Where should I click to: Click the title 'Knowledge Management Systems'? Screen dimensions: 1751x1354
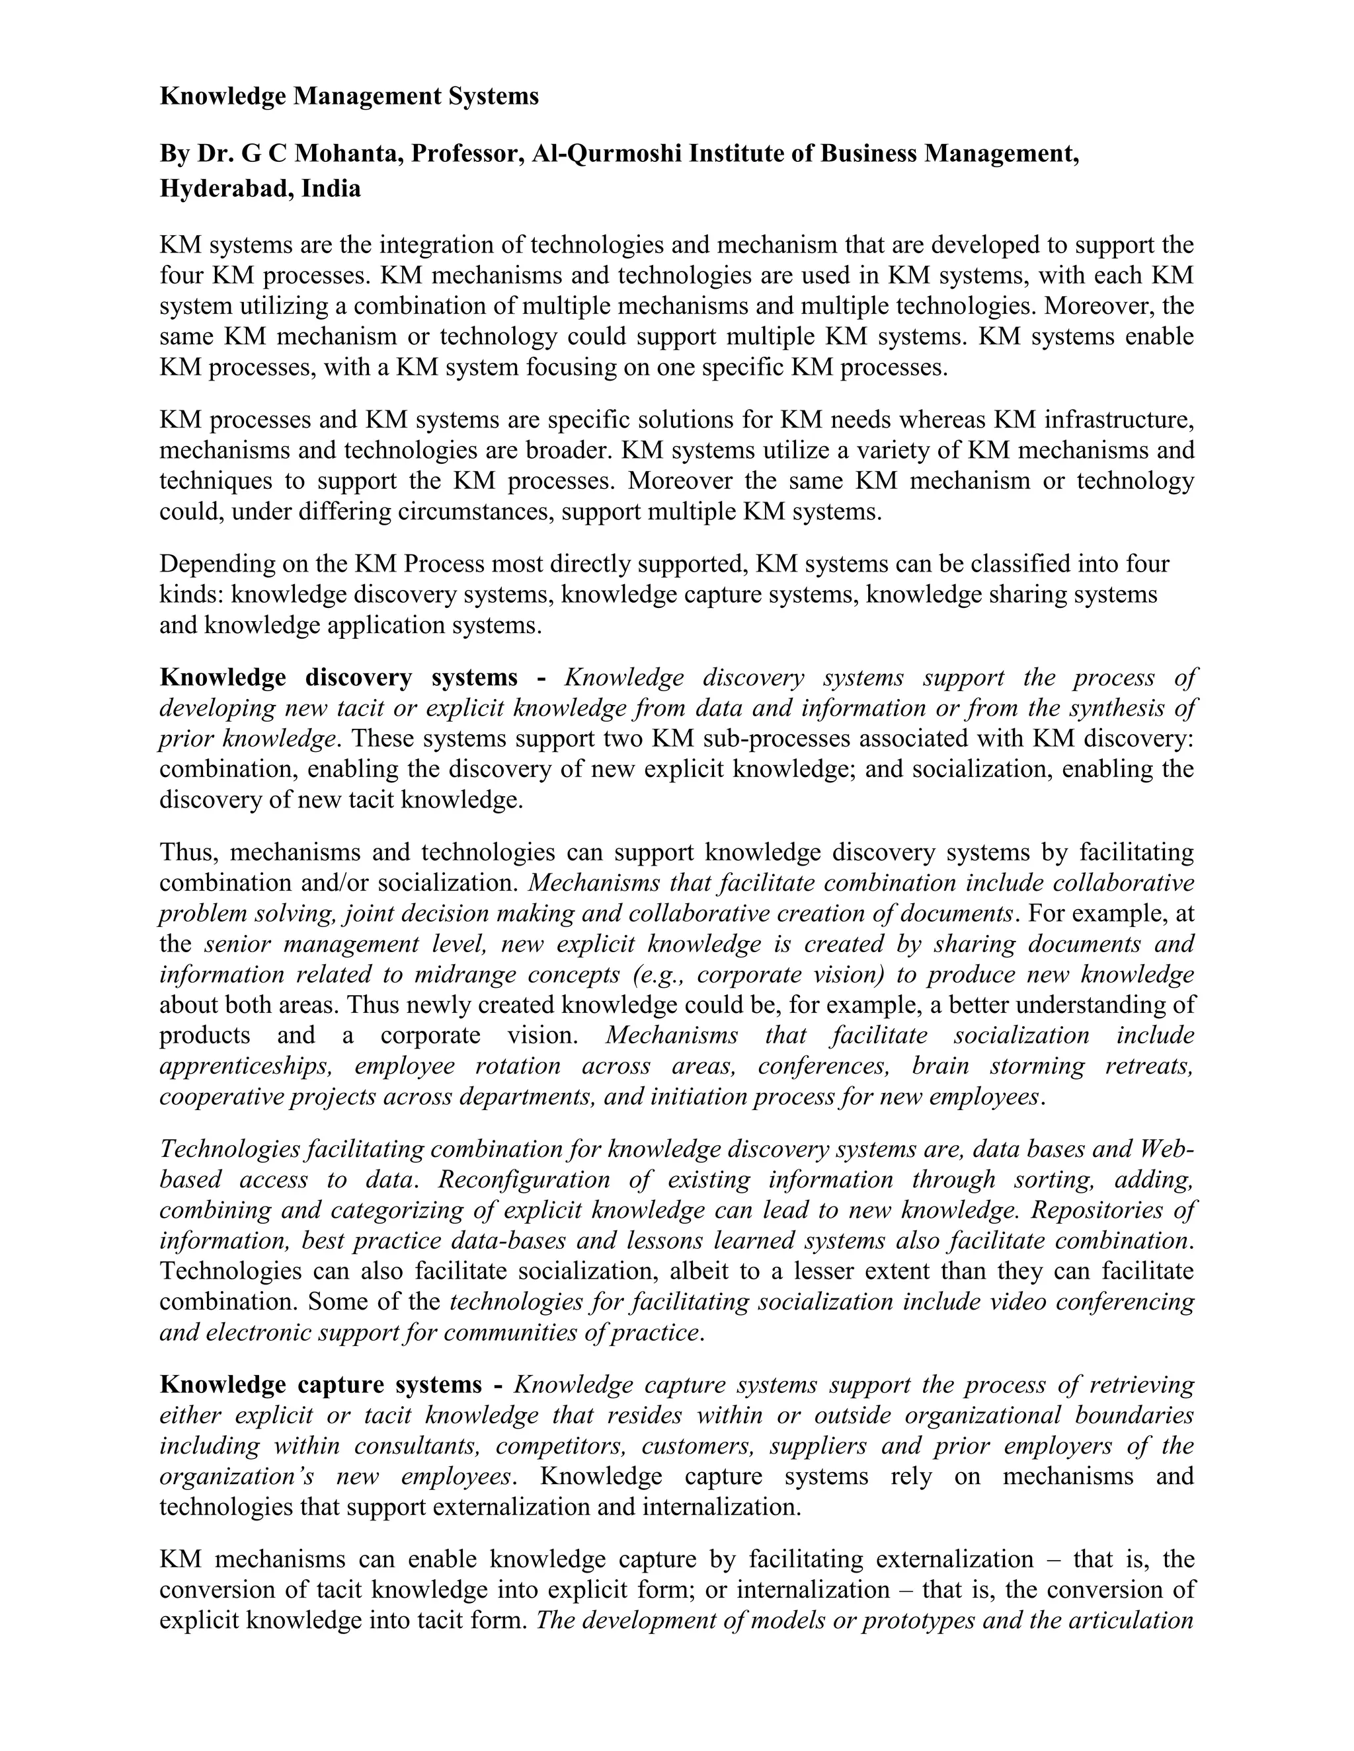coord(349,97)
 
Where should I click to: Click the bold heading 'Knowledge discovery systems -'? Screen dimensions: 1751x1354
coord(353,677)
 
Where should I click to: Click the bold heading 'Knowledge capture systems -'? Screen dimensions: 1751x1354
coord(331,1384)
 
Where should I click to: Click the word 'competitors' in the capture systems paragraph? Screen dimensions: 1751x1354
coord(561,1446)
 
